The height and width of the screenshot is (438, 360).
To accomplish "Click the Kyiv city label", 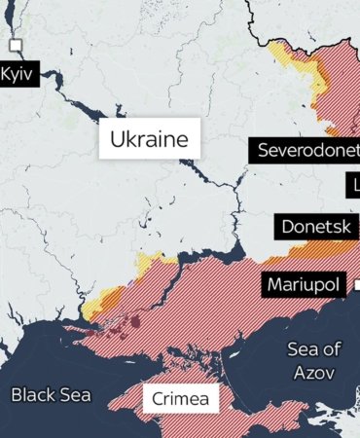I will pos(18,74).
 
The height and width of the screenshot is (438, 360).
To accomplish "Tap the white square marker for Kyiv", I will pos(16,46).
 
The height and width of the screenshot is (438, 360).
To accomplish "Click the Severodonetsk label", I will pos(307,151).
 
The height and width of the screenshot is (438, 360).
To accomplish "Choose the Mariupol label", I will pos(305,286).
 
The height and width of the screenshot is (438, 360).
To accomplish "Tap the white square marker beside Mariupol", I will pos(356,285).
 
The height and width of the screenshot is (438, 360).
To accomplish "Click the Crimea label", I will pos(180,399).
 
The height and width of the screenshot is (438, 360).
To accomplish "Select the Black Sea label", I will pos(51,394).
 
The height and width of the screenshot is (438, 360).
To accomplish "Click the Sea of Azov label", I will pos(313,360).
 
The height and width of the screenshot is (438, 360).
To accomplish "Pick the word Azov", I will pos(313,372).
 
